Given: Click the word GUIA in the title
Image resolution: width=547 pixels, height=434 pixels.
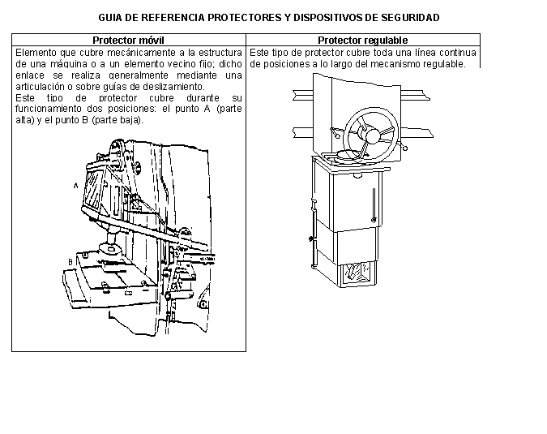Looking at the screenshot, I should (x=110, y=17).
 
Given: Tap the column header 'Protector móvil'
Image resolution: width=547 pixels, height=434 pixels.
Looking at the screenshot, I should (x=128, y=40).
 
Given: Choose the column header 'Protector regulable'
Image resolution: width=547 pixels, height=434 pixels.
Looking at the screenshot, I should (x=362, y=40).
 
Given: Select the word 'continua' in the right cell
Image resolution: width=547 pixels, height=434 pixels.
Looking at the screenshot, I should (x=459, y=52).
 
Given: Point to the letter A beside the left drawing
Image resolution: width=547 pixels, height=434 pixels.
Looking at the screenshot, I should (x=76, y=185).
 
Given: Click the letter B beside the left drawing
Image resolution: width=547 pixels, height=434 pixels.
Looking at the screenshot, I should (x=71, y=262).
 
